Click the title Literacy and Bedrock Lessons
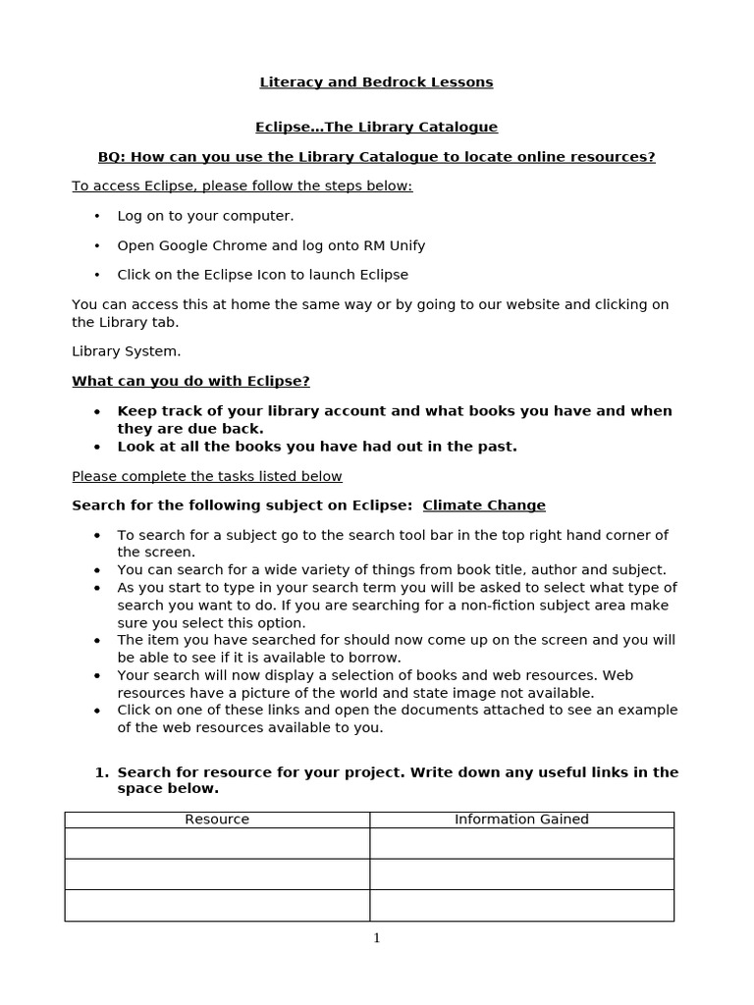click(x=376, y=82)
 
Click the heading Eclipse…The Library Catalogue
click(x=376, y=128)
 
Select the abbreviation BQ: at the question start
click(x=112, y=157)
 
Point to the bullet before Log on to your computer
click(x=97, y=216)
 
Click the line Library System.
click(x=127, y=351)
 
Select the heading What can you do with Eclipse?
click(x=190, y=381)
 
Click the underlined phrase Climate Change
click(x=484, y=505)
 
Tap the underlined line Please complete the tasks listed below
click(x=207, y=477)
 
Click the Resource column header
click(x=217, y=820)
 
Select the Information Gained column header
click(x=521, y=820)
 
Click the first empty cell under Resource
click(x=217, y=843)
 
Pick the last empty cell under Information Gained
click(x=521, y=905)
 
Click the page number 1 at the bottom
click(x=377, y=938)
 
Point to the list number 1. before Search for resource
click(x=101, y=772)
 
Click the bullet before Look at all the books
click(x=97, y=447)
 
